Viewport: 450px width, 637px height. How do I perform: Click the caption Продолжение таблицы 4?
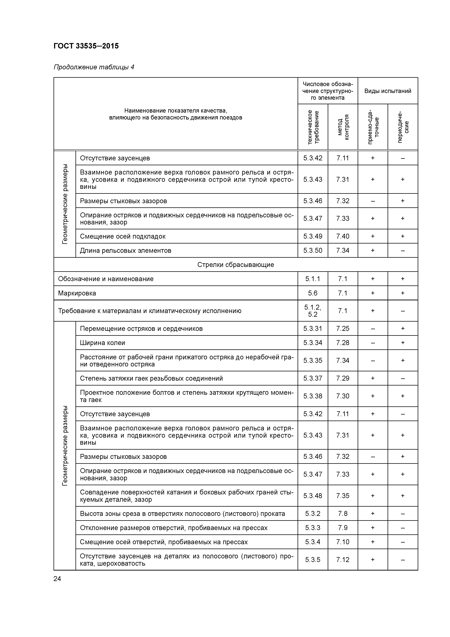pyautogui.click(x=94, y=67)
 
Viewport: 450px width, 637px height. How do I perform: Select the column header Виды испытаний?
pyautogui.click(x=387, y=91)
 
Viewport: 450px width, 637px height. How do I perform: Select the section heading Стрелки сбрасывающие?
pyautogui.click(x=235, y=265)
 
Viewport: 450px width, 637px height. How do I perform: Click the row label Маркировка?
pyautogui.click(x=77, y=293)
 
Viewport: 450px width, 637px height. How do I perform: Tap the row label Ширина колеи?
pyautogui.click(x=103, y=343)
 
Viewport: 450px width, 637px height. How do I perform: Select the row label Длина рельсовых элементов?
pyautogui.click(x=126, y=251)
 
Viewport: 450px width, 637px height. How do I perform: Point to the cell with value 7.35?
pyautogui.click(x=343, y=496)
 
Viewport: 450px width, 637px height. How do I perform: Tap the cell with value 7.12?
pyautogui.click(x=343, y=560)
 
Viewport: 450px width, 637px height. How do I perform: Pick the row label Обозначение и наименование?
pyautogui.click(x=106, y=279)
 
